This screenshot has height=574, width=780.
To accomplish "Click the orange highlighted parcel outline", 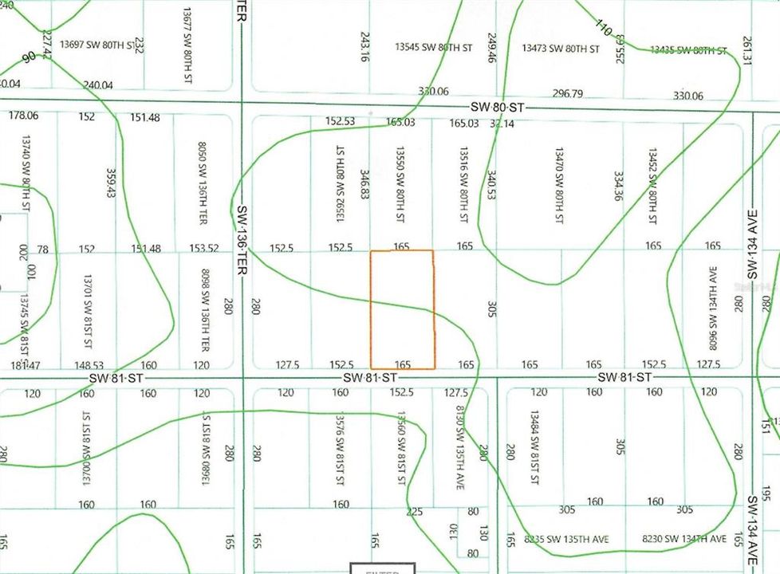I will point(402,309).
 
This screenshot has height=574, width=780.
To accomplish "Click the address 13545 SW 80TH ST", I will point(433,48).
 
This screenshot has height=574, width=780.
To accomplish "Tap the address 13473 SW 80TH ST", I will point(561,49).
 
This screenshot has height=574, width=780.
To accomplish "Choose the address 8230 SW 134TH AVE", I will point(684,540).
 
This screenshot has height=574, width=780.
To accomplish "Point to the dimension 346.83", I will point(364,183).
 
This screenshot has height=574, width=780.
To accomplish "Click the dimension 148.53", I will point(88,365).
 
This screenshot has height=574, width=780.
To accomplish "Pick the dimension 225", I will point(414,512).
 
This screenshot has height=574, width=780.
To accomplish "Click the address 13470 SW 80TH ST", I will point(559,183).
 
